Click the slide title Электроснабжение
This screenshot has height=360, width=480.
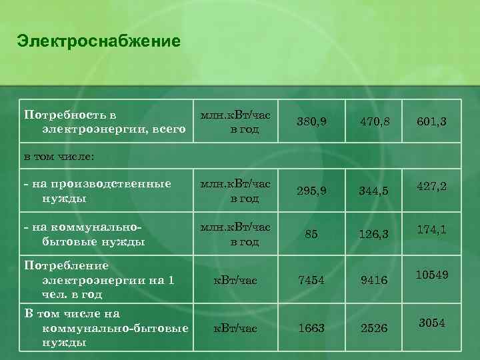[99, 41]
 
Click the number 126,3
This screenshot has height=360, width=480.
[374, 235]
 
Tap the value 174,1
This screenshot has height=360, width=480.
[431, 229]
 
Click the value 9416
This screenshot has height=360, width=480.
[374, 281]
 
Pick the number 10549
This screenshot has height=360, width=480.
[431, 275]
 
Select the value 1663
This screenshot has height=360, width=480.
[312, 328]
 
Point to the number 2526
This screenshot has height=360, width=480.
[374, 328]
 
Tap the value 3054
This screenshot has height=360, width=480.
[431, 323]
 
